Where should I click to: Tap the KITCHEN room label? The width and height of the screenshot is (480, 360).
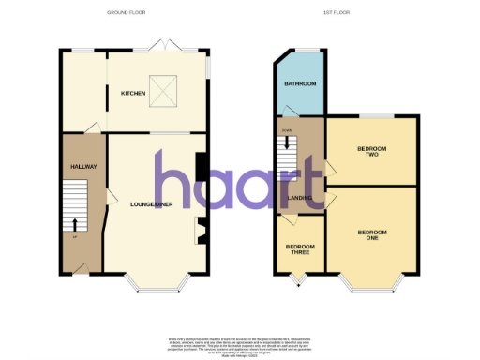132,94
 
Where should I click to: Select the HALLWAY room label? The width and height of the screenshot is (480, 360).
84,166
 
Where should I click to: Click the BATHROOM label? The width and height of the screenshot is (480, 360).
300,84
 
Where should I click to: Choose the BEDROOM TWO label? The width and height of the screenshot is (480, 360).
371,153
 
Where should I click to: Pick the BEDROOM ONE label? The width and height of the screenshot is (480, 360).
371,234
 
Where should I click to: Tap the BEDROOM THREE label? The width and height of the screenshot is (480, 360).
300,251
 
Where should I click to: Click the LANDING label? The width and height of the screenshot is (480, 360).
300,199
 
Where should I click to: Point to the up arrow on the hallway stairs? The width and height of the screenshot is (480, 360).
75,224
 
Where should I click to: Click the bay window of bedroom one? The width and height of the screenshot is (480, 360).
371,280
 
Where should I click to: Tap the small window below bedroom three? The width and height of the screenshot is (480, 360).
300,278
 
